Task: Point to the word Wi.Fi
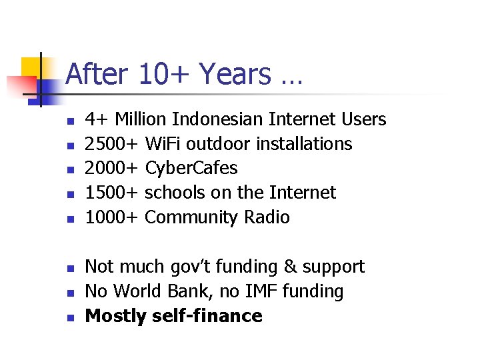tap(163, 144)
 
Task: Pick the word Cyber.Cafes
tap(191, 168)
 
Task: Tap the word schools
tap(175, 193)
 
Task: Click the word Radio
tap(266, 217)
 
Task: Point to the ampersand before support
tap(290, 267)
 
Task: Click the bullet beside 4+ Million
tap(69, 121)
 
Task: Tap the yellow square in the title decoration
tap(32, 68)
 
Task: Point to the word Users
tap(363, 119)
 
